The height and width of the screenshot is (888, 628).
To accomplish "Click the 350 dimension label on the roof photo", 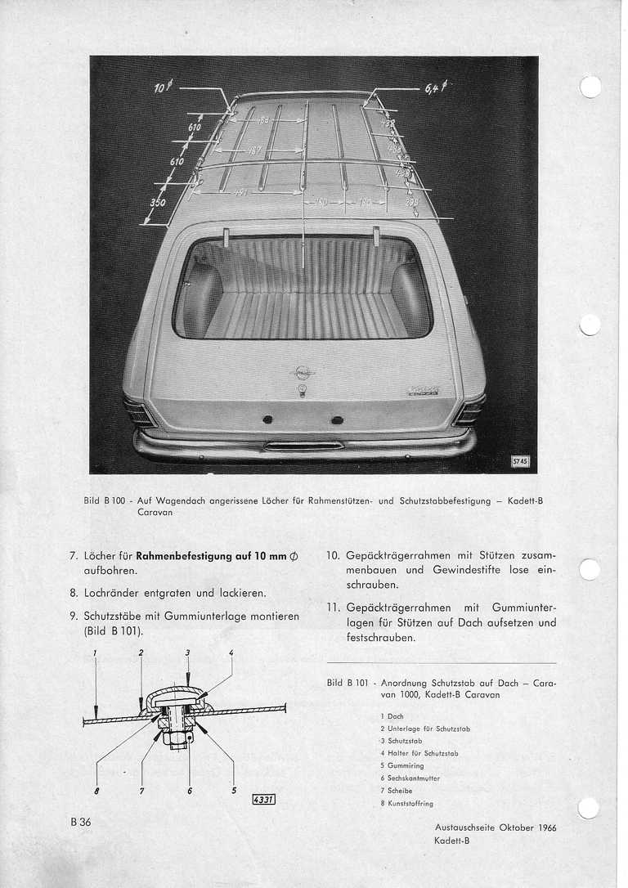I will [x=158, y=202].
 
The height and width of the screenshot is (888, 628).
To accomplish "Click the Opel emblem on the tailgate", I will [x=303, y=373].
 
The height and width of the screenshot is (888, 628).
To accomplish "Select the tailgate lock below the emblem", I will [x=303, y=392].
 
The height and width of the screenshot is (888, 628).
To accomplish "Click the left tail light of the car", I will [x=139, y=410].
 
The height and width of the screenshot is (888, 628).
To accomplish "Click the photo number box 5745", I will [x=520, y=461].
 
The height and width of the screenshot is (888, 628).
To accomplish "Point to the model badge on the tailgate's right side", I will [x=422, y=391].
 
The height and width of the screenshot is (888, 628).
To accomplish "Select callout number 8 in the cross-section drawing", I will [x=97, y=791].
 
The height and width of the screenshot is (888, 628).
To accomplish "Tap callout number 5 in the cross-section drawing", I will [x=233, y=791].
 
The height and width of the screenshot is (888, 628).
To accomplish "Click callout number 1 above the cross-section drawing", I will [x=95, y=652].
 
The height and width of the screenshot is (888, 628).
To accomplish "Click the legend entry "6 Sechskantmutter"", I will [x=410, y=778].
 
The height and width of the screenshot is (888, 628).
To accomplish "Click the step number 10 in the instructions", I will [x=333, y=555].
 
